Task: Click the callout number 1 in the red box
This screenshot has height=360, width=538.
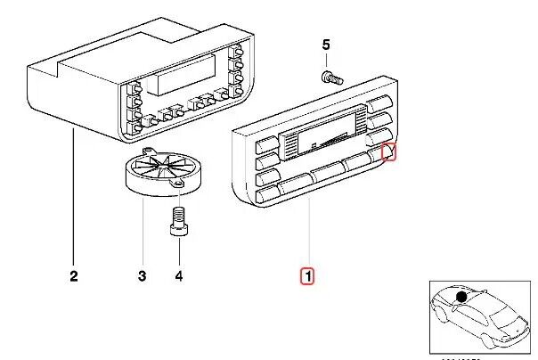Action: [306, 276]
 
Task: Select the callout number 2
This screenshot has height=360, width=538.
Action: [73, 276]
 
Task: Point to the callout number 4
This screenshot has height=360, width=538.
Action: [178, 276]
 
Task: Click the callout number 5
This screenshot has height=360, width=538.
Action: [325, 45]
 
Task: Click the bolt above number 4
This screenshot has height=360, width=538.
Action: [177, 219]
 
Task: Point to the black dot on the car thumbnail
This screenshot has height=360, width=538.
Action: [461, 297]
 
